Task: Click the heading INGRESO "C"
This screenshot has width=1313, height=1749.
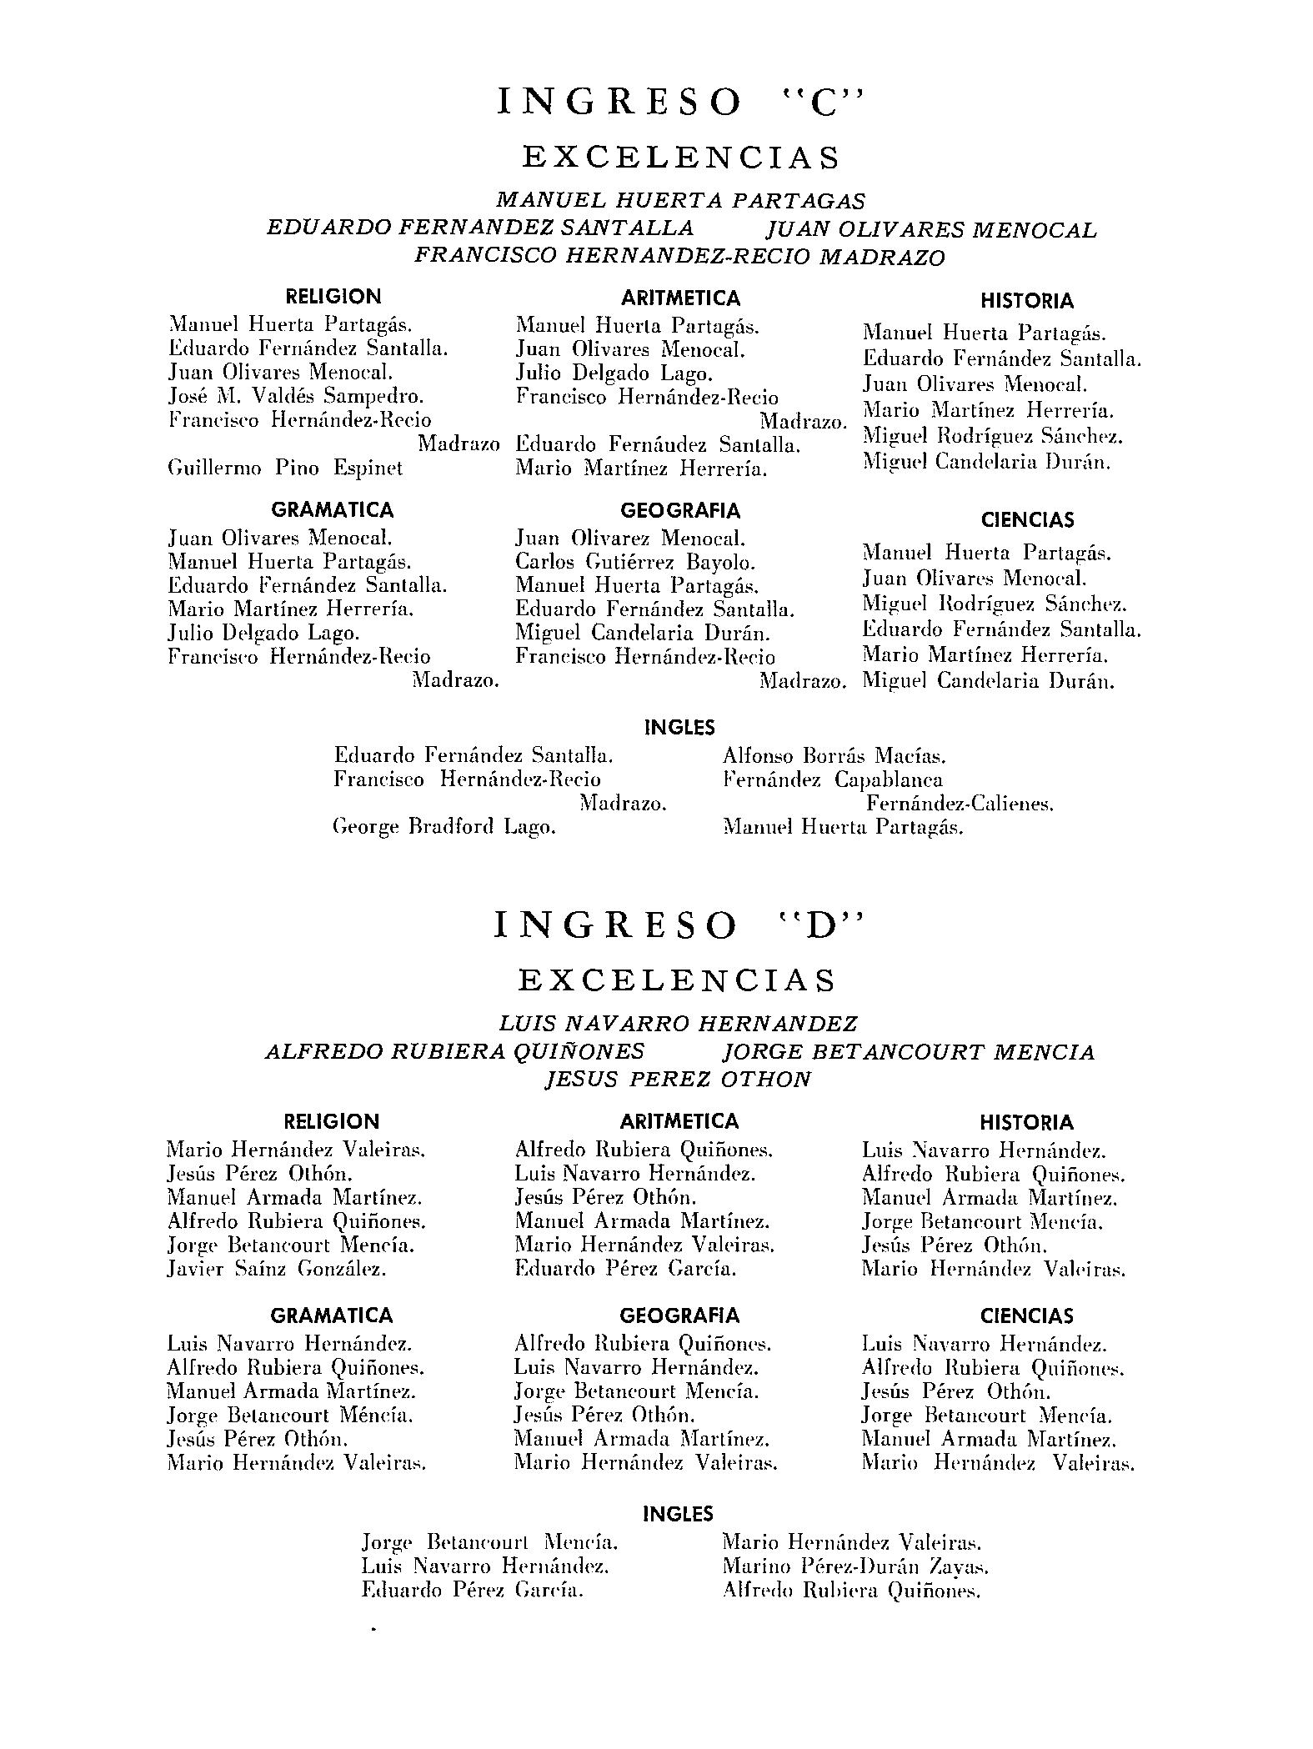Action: pyautogui.click(x=680, y=103)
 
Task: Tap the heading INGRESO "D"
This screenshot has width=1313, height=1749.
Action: pyautogui.click(x=680, y=925)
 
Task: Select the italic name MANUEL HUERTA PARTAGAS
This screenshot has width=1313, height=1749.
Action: pyautogui.click(x=680, y=201)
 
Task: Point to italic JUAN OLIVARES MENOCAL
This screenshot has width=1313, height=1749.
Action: pyautogui.click(x=931, y=229)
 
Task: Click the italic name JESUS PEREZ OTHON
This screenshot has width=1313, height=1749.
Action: pyautogui.click(x=677, y=1080)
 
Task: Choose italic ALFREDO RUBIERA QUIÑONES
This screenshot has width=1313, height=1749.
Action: pyautogui.click(x=454, y=1051)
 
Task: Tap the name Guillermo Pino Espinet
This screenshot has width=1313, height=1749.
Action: pyautogui.click(x=285, y=469)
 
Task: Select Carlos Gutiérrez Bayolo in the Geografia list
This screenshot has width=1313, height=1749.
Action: pyautogui.click(x=635, y=563)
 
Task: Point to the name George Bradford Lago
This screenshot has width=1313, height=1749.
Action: pyautogui.click(x=444, y=828)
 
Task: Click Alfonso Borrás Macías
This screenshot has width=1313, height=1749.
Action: pyautogui.click(x=834, y=757)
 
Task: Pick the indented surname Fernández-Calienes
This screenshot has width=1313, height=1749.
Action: pyautogui.click(x=960, y=804)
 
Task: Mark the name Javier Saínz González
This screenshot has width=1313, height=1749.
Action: pyautogui.click(x=277, y=1270)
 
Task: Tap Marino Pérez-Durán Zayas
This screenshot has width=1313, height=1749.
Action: pyautogui.click(x=855, y=1566)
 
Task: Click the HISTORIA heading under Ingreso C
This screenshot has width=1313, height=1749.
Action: pyautogui.click(x=1026, y=301)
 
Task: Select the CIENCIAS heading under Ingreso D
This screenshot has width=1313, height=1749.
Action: pyautogui.click(x=1025, y=1316)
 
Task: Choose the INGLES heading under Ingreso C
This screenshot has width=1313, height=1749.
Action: pyautogui.click(x=679, y=728)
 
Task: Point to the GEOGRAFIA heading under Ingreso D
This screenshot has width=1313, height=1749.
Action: pyautogui.click(x=679, y=1316)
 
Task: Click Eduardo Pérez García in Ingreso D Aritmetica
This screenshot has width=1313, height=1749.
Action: pyautogui.click(x=626, y=1270)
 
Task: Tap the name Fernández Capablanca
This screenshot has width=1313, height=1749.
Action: pyautogui.click(x=833, y=780)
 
